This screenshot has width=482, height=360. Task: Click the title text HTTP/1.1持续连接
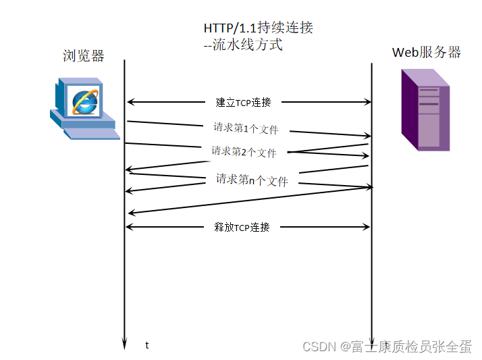click(x=259, y=28)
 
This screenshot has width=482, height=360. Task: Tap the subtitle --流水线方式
click(x=243, y=45)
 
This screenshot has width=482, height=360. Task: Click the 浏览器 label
click(x=84, y=56)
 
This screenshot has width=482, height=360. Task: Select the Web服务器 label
click(x=426, y=53)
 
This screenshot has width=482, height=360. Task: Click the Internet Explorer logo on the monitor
click(x=86, y=101)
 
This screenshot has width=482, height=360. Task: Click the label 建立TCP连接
click(x=244, y=103)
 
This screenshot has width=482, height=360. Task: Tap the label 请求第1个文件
click(x=246, y=128)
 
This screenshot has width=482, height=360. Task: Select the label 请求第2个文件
click(x=244, y=151)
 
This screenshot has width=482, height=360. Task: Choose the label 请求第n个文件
click(x=252, y=180)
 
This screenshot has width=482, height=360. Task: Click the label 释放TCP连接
click(x=242, y=227)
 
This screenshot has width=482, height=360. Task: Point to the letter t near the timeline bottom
click(x=147, y=345)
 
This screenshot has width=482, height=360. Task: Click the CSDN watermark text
click(x=387, y=346)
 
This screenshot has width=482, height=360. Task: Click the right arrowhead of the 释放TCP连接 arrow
click(x=367, y=227)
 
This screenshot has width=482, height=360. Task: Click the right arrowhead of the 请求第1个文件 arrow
click(x=368, y=136)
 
